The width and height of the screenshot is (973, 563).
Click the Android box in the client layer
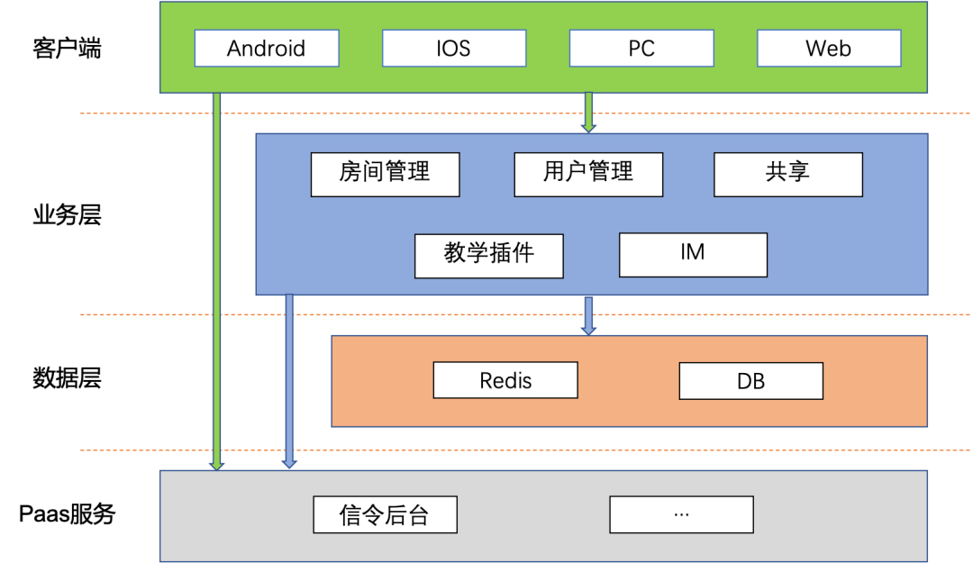coord(267,48)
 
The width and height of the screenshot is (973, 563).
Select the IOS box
coord(454,48)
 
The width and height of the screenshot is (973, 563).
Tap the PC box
coord(641,48)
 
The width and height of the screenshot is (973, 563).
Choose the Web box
coord(829,48)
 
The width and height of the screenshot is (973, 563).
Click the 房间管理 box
coord(386,175)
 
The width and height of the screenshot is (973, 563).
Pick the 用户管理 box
coord(589,175)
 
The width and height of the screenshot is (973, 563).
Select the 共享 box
coord(788,175)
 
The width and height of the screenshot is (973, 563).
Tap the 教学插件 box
coord(489,256)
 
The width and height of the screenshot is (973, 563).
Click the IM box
coord(693,255)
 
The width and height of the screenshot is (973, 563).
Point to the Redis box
coord(505,380)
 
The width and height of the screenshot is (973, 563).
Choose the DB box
coord(751,380)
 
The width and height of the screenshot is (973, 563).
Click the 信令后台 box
coord(386,514)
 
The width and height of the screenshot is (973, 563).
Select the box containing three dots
coord(682,514)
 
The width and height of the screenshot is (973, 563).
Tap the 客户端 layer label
coord(67,48)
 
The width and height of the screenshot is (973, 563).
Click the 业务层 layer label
coord(67,214)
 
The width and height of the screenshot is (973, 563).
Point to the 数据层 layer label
coord(67,377)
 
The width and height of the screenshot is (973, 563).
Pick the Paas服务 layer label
coord(67,514)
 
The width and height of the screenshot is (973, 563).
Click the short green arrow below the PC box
coord(589,113)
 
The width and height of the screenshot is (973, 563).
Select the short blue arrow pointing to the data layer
coord(589,316)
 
